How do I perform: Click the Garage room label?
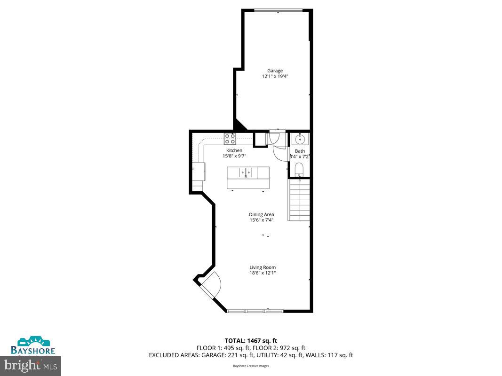[275, 71]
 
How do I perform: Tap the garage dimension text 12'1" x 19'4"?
[275, 76]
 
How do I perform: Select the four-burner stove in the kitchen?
[230, 139]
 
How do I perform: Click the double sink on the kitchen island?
[245, 173]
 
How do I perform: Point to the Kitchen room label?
[234, 150]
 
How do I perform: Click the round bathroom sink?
[299, 139]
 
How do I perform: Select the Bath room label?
[300, 151]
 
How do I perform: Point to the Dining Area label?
[262, 215]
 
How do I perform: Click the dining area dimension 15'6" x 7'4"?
[262, 220]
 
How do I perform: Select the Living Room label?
[263, 267]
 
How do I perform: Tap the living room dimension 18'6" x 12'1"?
[263, 273]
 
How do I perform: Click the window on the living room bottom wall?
[255, 311]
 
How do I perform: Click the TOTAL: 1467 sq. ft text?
[251, 340]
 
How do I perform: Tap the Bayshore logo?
[33, 345]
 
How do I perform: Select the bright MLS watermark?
[31, 364]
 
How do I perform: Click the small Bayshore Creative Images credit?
[251, 366]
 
